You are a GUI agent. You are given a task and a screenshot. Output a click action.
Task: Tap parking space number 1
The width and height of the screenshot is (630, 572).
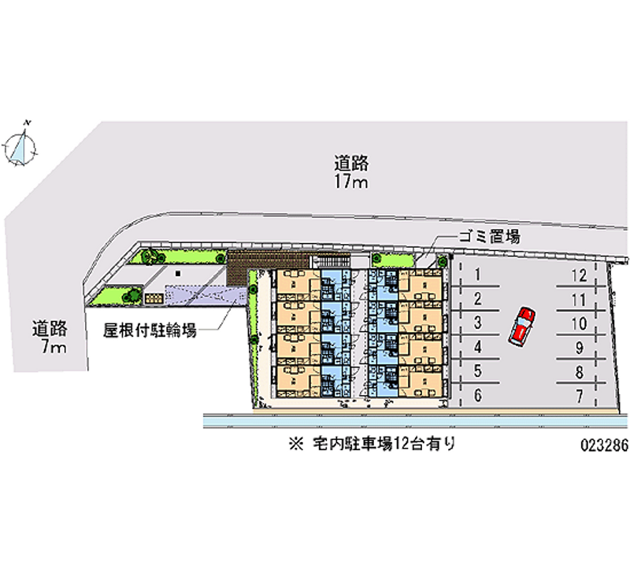478,275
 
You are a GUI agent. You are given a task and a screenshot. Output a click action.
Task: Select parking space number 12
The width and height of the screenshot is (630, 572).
579,275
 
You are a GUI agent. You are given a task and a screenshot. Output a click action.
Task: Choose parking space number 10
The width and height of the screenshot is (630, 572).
579,323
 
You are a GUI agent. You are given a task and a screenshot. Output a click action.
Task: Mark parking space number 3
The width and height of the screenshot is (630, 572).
478,323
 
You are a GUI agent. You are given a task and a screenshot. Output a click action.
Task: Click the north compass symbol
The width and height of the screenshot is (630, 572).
22,146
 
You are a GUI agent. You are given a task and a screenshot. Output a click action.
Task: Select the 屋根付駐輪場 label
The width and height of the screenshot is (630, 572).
150,330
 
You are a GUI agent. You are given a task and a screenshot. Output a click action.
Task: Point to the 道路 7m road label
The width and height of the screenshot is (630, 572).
49,336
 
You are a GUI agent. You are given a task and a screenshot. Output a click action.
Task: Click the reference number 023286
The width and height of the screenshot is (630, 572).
602,444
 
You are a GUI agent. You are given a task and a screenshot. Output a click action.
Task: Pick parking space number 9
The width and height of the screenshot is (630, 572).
579,348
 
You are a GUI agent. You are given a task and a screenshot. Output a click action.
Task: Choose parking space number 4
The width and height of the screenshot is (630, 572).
478,348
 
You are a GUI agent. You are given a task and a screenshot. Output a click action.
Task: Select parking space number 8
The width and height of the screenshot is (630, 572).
579,372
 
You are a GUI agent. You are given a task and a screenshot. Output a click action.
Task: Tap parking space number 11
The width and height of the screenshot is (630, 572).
579,299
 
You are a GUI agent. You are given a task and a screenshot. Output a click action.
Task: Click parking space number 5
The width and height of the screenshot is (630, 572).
478,372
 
